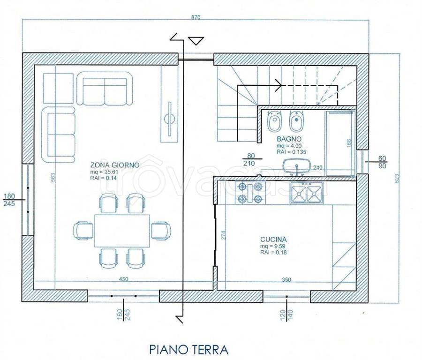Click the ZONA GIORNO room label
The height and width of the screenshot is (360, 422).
(114, 165)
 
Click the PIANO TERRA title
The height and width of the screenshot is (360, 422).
(188, 349)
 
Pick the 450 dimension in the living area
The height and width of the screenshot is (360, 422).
(123, 279)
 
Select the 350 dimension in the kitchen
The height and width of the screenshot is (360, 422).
(286, 280)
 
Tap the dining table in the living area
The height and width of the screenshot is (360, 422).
(121, 230)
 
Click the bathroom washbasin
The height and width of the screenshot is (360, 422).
(296, 165)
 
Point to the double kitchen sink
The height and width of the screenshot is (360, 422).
(307, 193)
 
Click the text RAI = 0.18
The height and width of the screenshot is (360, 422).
(273, 252)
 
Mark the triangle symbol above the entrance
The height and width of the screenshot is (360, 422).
(195, 41)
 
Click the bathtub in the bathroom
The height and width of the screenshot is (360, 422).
(341, 142)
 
